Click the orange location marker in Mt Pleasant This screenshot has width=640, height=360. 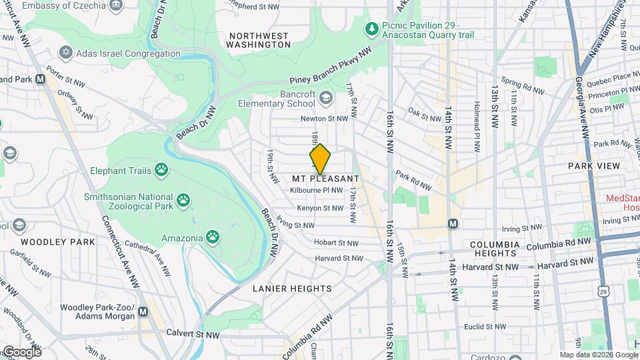click(320, 159)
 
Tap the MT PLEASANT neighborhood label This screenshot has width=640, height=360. click(326, 179)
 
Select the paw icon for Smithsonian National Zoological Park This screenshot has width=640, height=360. click(183, 199)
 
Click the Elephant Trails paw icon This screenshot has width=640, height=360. click(161, 170)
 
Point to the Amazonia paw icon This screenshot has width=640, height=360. click(213, 236)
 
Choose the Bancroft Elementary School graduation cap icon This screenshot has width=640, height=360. click(325, 99)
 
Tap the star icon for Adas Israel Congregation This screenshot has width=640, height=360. click(65, 52)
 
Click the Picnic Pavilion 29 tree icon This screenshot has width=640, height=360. click(371, 29)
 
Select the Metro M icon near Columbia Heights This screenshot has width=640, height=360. click(453, 224)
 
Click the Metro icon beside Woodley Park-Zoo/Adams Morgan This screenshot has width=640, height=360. click(144, 311)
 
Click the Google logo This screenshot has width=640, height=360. click(21, 351)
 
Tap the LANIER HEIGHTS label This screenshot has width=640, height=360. click(292, 288)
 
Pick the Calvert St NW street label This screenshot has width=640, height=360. click(193, 334)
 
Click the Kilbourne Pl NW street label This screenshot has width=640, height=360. click(317, 191)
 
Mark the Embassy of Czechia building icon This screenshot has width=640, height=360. click(117, 5)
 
